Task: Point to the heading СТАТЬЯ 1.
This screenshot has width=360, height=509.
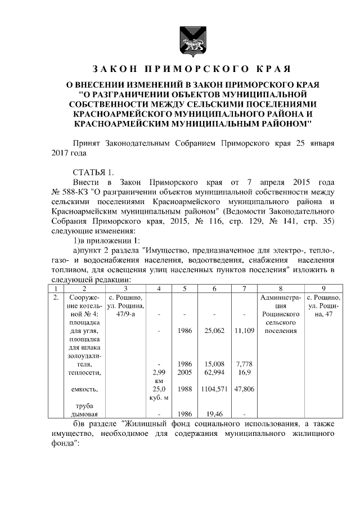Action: (x=93, y=172)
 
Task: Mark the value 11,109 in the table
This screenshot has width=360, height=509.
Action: (x=242, y=331)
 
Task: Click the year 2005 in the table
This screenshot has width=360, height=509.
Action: (x=184, y=372)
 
